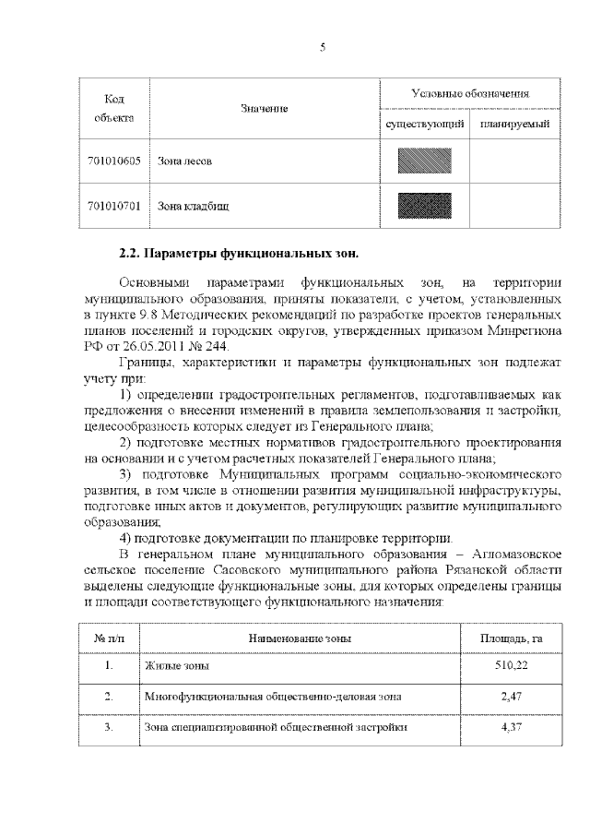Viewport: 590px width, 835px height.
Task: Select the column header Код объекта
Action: click(114, 108)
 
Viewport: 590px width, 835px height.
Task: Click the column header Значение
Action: click(265, 109)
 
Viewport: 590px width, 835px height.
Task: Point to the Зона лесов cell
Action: click(185, 161)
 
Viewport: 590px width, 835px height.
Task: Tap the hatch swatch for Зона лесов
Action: click(424, 161)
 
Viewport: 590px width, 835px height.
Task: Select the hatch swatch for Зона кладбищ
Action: click(424, 205)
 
